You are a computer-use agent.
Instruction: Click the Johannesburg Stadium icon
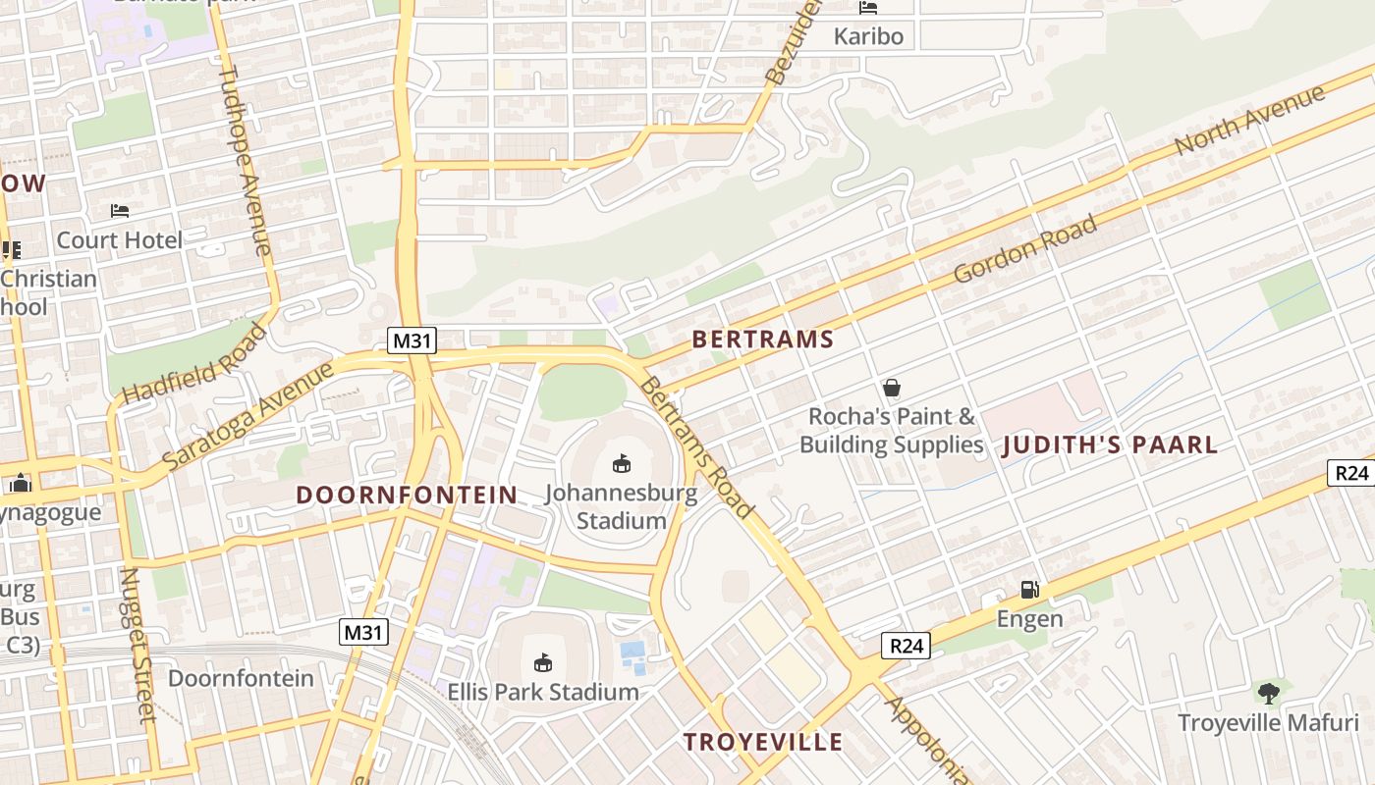621,463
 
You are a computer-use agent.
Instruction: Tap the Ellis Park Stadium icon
543,663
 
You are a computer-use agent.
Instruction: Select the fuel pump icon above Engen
1029,590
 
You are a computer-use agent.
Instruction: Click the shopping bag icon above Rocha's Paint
891,388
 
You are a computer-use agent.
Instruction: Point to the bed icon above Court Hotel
120,211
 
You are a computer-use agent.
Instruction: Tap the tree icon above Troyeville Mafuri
1268,694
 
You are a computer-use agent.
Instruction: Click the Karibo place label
868,37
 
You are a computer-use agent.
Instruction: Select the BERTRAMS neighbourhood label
762,340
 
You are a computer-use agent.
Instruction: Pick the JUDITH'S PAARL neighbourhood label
1110,445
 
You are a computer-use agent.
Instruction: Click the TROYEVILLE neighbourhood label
763,742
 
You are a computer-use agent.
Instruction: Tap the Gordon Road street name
1024,250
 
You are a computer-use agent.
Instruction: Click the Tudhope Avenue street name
245,160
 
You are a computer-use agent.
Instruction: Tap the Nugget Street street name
138,645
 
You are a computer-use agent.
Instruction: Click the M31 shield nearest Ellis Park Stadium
364,633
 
